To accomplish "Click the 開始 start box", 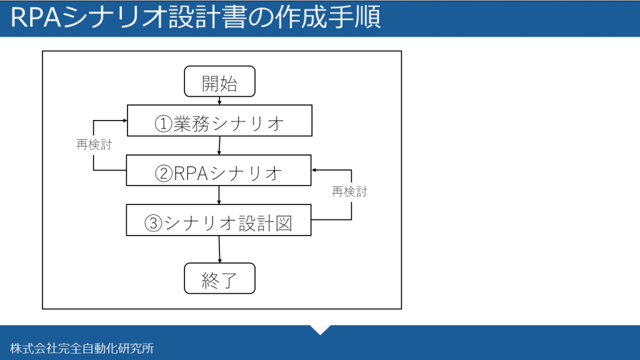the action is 219,82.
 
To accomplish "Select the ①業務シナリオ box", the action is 219,121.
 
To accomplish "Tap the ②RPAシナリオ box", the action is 219,170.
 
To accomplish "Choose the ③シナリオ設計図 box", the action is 219,220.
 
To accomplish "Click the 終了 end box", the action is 219,278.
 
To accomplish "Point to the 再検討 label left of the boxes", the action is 94,144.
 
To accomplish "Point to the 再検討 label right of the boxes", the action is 349,191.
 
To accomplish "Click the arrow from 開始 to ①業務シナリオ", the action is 219,101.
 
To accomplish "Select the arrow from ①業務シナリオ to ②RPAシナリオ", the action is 219,145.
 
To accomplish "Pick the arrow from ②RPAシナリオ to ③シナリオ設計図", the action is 219,195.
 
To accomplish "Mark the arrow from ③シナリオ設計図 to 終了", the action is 219,249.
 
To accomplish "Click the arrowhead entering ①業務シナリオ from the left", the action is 125,121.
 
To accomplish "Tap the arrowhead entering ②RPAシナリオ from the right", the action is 314,170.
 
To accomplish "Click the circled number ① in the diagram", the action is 163,124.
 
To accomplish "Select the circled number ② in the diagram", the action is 164,174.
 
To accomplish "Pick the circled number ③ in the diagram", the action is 154,223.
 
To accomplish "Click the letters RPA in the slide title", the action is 36,17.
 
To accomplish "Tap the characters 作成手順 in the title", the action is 327,17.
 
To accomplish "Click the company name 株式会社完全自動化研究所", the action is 82,348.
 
